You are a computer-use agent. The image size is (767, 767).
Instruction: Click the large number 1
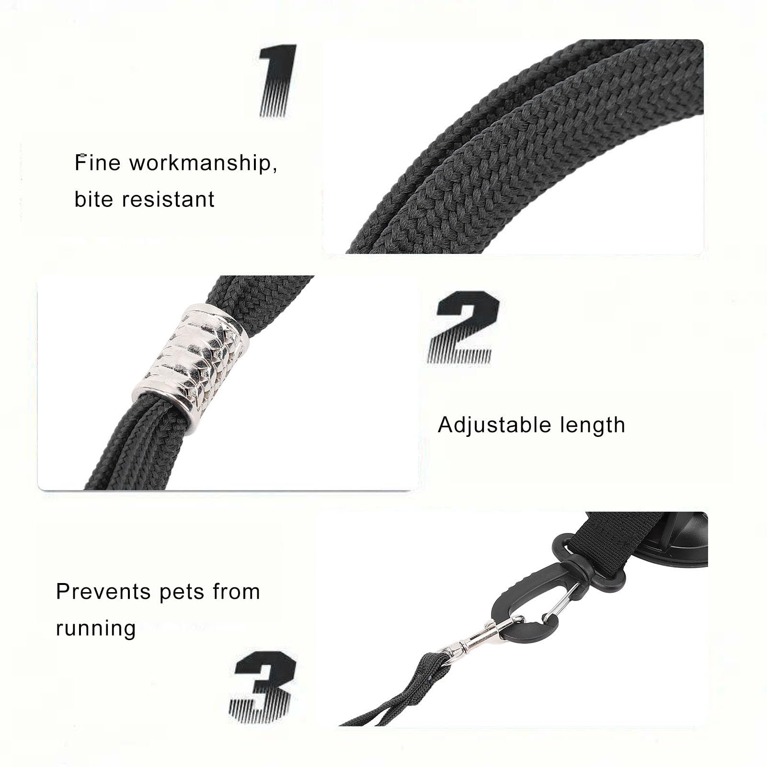click(x=278, y=80)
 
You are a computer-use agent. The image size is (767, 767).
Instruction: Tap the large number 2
click(x=462, y=326)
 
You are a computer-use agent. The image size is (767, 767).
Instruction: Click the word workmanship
click(x=203, y=163)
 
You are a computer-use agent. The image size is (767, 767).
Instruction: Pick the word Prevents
click(x=103, y=592)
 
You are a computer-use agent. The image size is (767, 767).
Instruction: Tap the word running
click(x=96, y=629)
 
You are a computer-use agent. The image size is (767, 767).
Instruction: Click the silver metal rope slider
click(x=190, y=368)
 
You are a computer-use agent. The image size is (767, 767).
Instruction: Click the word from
click(x=237, y=592)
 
